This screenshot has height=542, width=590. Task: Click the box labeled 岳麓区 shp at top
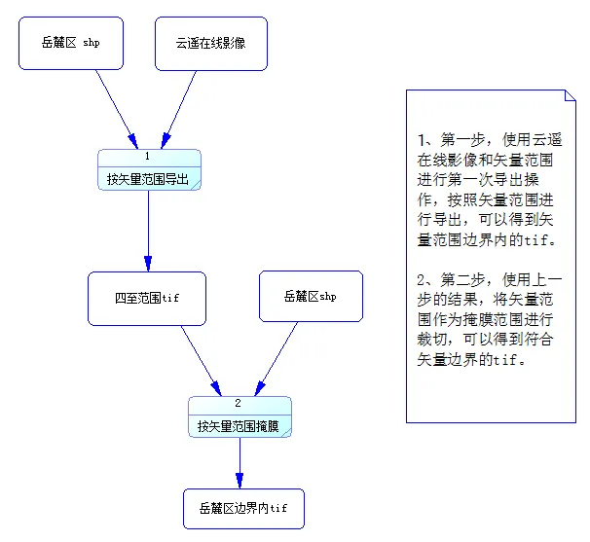click(x=71, y=43)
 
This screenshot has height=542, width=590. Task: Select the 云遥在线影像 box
click(x=210, y=43)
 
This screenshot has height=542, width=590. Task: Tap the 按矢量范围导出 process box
click(x=149, y=178)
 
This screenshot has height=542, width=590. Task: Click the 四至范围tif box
click(x=146, y=297)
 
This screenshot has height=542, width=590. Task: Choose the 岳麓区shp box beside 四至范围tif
click(x=311, y=296)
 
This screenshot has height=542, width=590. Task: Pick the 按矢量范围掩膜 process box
click(x=240, y=425)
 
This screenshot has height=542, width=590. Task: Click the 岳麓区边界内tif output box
click(x=243, y=508)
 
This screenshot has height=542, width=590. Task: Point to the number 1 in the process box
click(x=148, y=157)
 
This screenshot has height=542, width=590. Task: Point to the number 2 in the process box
click(x=239, y=403)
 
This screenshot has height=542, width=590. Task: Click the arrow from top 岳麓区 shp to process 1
click(x=116, y=109)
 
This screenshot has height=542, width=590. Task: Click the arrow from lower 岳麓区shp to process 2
click(x=277, y=359)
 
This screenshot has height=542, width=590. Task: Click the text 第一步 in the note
click(x=456, y=140)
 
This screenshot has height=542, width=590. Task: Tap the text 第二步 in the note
click(x=456, y=280)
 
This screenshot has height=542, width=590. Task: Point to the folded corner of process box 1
click(x=196, y=185)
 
